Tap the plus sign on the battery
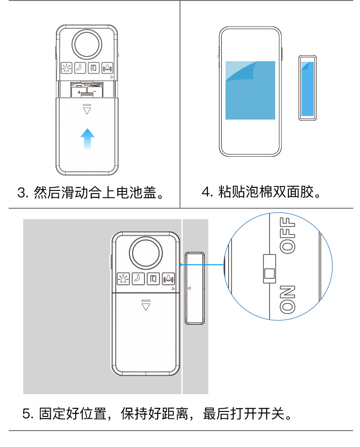[79, 92]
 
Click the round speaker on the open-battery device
[87, 44]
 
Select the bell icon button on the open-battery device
[108, 68]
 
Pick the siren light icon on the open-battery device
[67, 68]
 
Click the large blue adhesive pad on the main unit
[250, 90]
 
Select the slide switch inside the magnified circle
[269, 268]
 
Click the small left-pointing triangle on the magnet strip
[189, 288]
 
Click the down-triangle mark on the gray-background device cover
[145, 305]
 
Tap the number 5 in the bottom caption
[26, 414]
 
